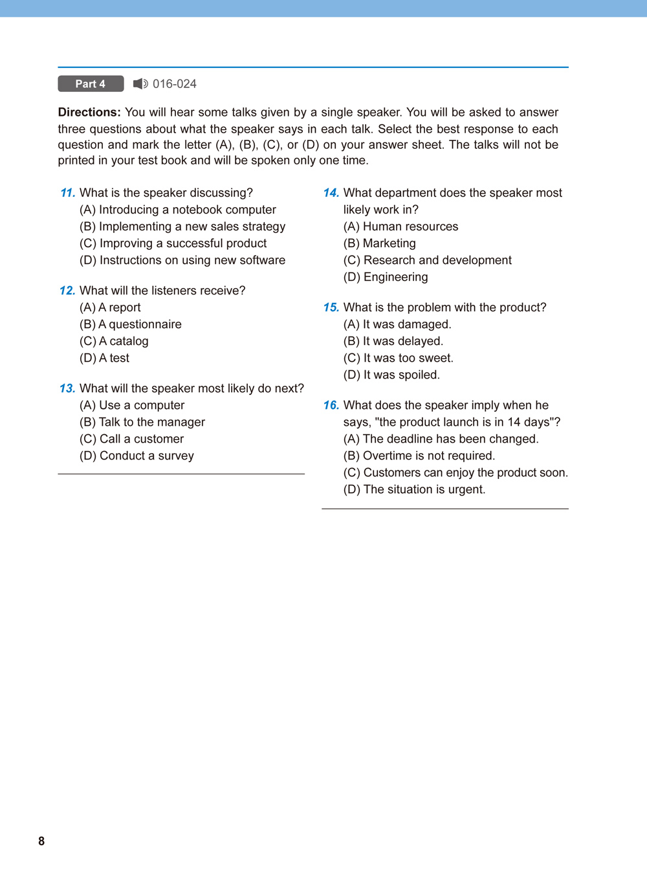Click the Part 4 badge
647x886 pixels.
(x=91, y=84)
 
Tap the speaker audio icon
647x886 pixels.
(x=140, y=84)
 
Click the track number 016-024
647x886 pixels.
(x=175, y=84)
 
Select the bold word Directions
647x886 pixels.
(x=89, y=113)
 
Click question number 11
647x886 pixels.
(x=67, y=193)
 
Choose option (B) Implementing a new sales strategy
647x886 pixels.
(x=182, y=227)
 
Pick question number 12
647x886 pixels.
(x=67, y=291)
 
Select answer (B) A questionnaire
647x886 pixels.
(x=131, y=324)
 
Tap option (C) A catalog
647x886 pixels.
(x=114, y=341)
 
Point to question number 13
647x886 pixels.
(x=67, y=388)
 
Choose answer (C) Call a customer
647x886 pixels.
(x=132, y=439)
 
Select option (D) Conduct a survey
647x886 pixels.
(x=137, y=456)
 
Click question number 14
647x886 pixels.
(x=331, y=193)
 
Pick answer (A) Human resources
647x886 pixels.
(x=400, y=227)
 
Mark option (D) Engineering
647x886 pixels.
(x=386, y=277)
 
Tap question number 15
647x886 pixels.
(x=331, y=307)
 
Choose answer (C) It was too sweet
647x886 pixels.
(x=399, y=358)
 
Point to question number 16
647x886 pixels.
(x=331, y=405)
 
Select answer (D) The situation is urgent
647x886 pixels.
(x=414, y=489)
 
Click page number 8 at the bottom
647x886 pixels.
(x=41, y=841)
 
